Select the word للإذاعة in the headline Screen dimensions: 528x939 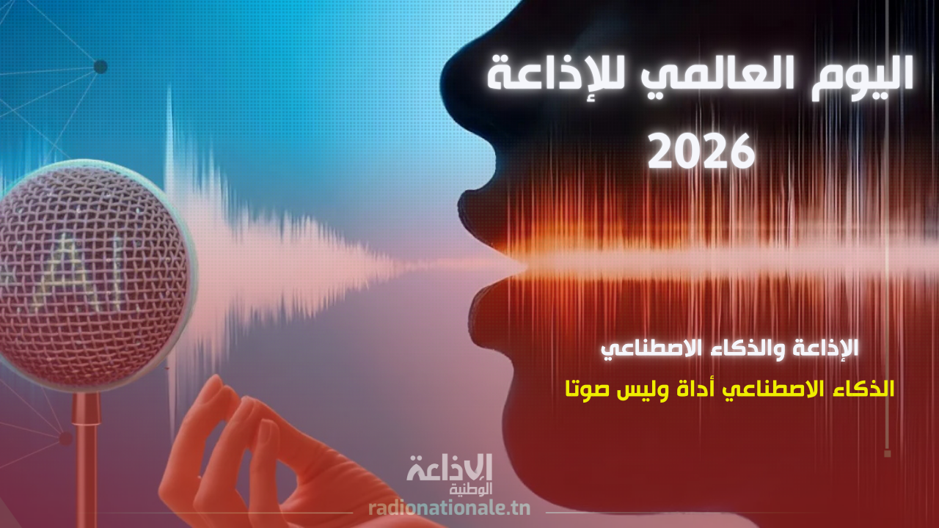[x=561, y=76]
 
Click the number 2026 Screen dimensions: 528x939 [x=702, y=151]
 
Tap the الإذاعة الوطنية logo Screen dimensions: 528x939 [x=450, y=473]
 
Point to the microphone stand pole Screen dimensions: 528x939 [x=86, y=462]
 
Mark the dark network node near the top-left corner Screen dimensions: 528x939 [x=101, y=67]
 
